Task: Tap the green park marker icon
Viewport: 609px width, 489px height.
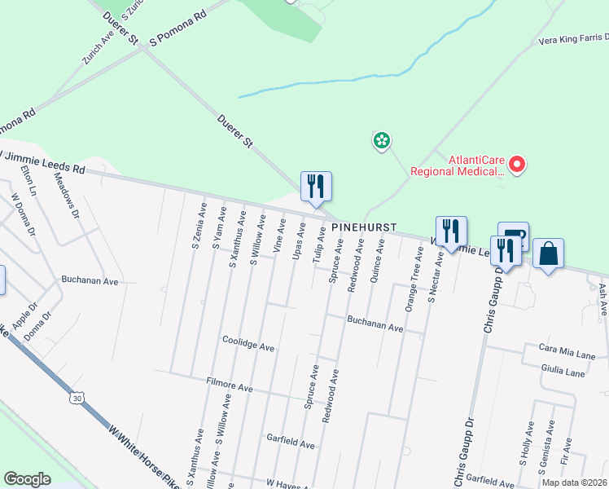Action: coord(380,141)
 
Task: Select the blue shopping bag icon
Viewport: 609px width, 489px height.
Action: coord(549,253)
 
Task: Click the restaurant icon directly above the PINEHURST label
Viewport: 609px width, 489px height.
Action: coord(316,187)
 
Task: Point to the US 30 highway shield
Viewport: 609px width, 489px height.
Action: coord(77,399)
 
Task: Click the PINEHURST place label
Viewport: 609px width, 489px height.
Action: coord(364,226)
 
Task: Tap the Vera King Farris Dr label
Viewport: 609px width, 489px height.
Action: coord(573,39)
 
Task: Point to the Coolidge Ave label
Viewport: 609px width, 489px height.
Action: coord(248,345)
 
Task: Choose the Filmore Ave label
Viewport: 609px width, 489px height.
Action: coord(230,385)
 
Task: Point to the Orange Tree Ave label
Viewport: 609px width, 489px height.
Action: coord(411,285)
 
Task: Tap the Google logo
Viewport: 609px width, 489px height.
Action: coord(28,479)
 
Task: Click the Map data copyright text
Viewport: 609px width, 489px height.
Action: coord(574,482)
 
